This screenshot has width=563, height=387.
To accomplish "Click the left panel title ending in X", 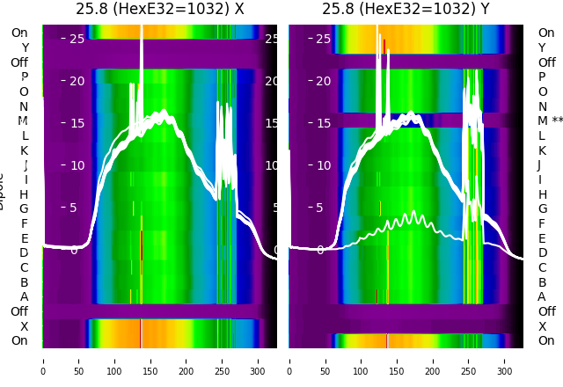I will coord(159,9).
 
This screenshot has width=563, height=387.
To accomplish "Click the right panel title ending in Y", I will coord(406,9).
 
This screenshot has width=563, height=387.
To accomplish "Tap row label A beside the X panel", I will coord(24,296).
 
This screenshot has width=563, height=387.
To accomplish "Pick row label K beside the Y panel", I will coord(542,150).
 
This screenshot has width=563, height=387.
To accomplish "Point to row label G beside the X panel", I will coord(24,208).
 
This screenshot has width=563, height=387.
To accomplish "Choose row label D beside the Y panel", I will coord(542,252).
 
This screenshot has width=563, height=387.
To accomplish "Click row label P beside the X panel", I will coord(24,77).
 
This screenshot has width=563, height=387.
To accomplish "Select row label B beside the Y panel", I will coord(542,282).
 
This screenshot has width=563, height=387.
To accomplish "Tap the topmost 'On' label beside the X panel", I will coord(19,33).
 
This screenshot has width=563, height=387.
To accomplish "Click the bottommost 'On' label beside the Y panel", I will coord(546,340).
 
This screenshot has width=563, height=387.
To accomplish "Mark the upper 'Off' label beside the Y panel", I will coord(546,62).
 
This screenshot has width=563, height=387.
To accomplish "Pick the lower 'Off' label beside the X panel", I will coord(19,311).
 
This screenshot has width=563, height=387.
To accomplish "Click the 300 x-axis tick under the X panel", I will coord(258,361).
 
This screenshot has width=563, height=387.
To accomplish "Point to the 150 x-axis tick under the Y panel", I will coord(397,361).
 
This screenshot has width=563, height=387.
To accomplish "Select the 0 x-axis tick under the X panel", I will coord(42,361).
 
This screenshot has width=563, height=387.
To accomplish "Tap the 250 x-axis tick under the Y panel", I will coord(469,361).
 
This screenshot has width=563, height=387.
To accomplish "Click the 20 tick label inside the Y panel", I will coord(323,81).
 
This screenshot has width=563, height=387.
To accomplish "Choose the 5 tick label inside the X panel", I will coord(74,208).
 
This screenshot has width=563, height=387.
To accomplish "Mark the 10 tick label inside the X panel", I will coord(71,165).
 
